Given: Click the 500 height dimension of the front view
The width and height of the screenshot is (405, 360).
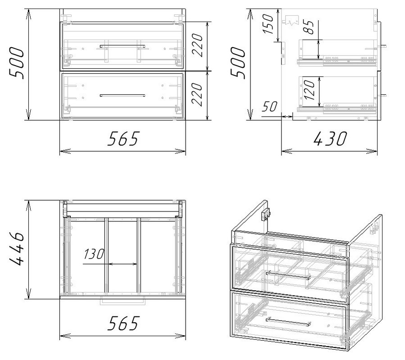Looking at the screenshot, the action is click(17, 63).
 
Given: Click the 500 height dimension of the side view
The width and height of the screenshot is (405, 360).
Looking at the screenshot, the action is click(237, 63).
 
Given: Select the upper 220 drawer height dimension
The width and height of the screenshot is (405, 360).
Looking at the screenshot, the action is click(197, 45).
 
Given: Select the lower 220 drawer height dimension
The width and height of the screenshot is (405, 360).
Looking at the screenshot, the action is click(197, 94).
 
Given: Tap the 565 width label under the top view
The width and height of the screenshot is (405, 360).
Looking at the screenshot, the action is click(123, 323).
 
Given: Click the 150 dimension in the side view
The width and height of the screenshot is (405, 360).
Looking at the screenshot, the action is click(268, 24).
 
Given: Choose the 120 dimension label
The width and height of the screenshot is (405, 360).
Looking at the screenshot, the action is click(309, 90).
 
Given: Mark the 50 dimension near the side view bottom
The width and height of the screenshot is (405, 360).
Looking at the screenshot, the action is click(269, 106).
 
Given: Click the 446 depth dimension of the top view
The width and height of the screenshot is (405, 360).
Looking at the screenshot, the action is click(17, 249).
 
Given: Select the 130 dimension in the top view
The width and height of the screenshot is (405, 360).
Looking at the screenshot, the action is click(94, 254).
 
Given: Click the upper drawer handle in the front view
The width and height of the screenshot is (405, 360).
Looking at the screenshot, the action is click(123, 46).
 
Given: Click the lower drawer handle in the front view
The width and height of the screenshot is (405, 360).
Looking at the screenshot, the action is click(123, 95).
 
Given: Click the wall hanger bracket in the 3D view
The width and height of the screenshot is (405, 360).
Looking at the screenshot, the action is click(266, 215).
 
